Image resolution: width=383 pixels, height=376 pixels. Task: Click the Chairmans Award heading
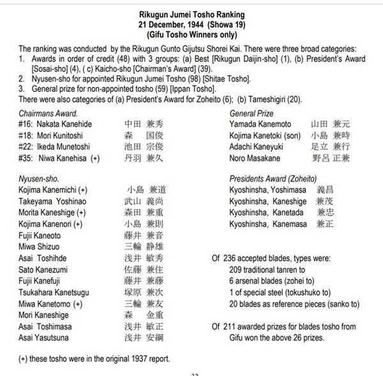click(48, 114)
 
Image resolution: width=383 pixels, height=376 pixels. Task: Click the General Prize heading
click(252, 114)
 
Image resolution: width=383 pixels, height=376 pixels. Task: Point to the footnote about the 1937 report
click(94, 358)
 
